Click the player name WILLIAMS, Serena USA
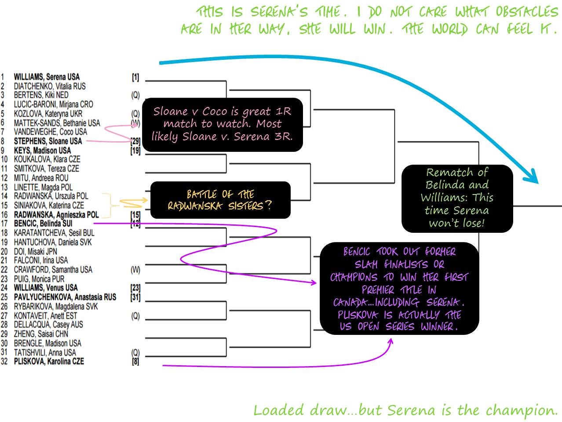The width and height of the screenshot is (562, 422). tap(47, 77)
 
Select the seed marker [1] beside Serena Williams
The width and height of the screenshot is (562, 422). tap(135, 77)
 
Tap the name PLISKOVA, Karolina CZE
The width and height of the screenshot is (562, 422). tap(48, 361)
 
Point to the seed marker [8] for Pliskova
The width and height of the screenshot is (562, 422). tap(135, 361)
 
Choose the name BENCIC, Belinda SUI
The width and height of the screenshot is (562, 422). tap(43, 224)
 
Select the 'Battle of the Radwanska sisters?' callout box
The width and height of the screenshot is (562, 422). tap(220, 200)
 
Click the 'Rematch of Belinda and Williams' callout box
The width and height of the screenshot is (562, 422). tap(457, 198)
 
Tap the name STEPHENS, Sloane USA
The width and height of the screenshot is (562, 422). tap(47, 141)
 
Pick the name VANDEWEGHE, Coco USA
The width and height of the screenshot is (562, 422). tap(50, 132)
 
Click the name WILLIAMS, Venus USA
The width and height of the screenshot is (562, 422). tap(46, 288)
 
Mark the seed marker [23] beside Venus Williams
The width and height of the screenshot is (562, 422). tap(135, 288)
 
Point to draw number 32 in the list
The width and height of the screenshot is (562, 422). tap(4, 361)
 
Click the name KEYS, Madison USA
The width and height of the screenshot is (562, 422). tap(42, 150)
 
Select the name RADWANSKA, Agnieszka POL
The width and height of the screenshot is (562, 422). tap(56, 215)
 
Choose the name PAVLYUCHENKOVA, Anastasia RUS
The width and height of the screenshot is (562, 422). tap(65, 297)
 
